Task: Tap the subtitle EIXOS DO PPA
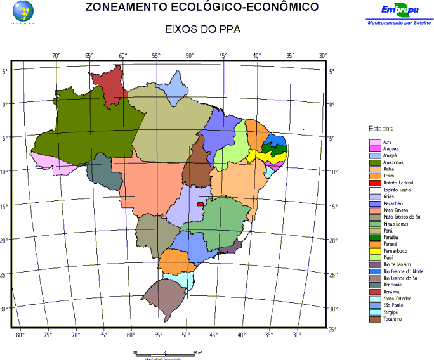pos(203,30)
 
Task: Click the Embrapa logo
pos(399,11)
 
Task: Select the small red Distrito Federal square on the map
pos(201,204)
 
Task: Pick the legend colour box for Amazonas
pos(375,163)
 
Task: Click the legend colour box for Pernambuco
pos(375,251)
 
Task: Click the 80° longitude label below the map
pos(20,334)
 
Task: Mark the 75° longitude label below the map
pos(48,334)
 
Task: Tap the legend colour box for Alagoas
pos(375,148)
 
